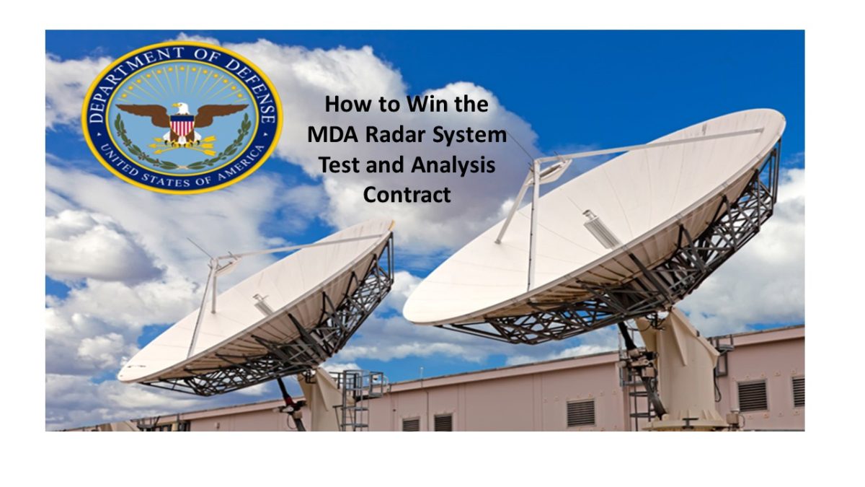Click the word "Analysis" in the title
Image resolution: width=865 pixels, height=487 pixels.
click(453, 164)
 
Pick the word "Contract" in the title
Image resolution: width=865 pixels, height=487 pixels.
click(407, 194)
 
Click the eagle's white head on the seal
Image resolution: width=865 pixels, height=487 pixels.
click(182, 109)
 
